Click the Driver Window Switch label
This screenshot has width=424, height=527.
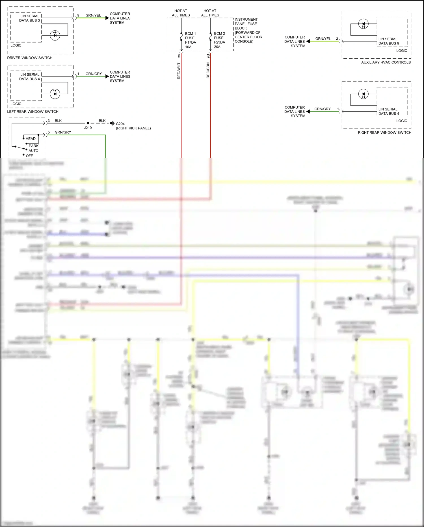click(x=30, y=58)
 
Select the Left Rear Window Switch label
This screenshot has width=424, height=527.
click(x=33, y=112)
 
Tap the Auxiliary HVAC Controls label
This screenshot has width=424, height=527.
click(x=386, y=62)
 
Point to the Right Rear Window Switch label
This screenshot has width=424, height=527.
click(x=384, y=133)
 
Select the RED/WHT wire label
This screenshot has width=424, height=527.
click(x=179, y=71)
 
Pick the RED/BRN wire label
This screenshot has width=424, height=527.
click(x=208, y=70)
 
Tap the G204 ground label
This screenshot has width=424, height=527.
click(x=120, y=124)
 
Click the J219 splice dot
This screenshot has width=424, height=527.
click(x=88, y=123)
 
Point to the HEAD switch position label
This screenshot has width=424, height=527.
click(x=31, y=138)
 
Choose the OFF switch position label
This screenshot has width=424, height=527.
click(x=29, y=156)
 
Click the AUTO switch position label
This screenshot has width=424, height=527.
click(x=33, y=151)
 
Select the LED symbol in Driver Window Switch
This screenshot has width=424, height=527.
click(x=55, y=35)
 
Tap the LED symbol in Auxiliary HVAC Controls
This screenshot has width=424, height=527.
click(x=363, y=24)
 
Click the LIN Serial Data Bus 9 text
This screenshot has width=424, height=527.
click(x=389, y=41)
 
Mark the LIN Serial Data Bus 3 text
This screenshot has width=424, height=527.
click(x=30, y=18)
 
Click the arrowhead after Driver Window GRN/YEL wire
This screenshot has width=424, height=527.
click(x=107, y=18)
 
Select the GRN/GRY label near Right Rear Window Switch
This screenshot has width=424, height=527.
click(x=323, y=109)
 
